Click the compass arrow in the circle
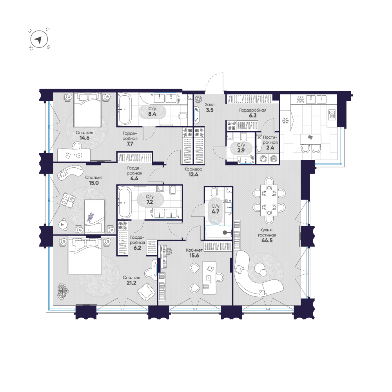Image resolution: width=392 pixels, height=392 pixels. coord(38,40)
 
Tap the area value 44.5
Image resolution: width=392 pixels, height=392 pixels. coord(267,241)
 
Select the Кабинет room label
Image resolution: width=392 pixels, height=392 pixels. coord(194,250)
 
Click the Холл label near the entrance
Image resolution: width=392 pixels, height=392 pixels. coord(209,105)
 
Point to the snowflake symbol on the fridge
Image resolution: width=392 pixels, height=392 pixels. coord(285,121)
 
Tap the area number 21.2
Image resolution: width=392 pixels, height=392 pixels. coord(131,283)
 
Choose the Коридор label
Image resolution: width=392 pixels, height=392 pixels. coord(193,169)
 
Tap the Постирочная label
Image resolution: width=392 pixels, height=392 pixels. coord(270,140)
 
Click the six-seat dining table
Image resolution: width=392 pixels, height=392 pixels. coord(269,200)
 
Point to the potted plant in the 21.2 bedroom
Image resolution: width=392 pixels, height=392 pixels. coord(63,291)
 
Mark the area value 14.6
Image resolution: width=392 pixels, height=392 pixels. coord(84,138)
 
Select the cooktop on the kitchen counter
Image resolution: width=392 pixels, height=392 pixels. coord(332,115)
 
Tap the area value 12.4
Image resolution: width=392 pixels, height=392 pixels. coord(193,174)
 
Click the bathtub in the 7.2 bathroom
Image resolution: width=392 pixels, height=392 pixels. coord(125,203)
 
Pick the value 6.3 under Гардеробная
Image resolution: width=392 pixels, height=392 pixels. coord(253,116)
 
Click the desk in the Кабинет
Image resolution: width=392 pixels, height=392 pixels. coord(209,278)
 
